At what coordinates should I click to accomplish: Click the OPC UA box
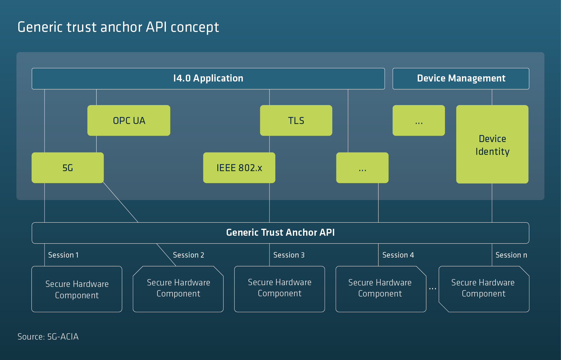tap(129, 120)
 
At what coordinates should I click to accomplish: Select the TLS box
tap(296, 120)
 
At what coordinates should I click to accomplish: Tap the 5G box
tap(68, 168)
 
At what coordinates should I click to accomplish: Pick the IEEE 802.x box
tap(239, 168)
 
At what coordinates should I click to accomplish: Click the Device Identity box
tap(492, 144)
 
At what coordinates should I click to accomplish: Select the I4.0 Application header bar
tap(208, 79)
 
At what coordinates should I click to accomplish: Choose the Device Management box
tap(461, 79)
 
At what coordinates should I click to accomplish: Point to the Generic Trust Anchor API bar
tap(280, 233)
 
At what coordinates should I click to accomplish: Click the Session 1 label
tap(63, 255)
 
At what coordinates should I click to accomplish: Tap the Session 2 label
tap(189, 255)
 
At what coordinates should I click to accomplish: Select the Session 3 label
tap(289, 255)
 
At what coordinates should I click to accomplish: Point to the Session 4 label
tap(398, 255)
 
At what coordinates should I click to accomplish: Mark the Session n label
tap(511, 255)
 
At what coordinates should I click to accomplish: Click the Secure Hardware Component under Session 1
tap(77, 289)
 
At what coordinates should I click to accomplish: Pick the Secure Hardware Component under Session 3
tap(280, 289)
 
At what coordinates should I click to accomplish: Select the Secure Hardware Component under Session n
tap(484, 289)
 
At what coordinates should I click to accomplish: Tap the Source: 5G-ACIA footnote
tap(48, 336)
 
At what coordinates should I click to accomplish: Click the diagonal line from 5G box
tap(120, 202)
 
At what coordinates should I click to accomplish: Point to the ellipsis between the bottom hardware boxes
tap(432, 289)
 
